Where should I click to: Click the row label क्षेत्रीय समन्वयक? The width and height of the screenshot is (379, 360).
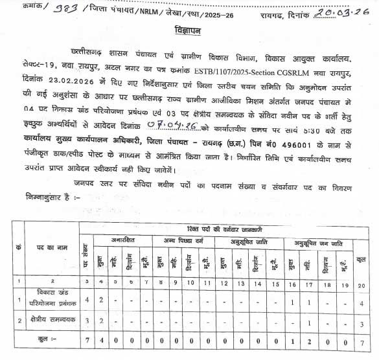tap(52, 321)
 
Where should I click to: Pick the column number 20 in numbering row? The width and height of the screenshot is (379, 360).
tap(363, 284)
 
